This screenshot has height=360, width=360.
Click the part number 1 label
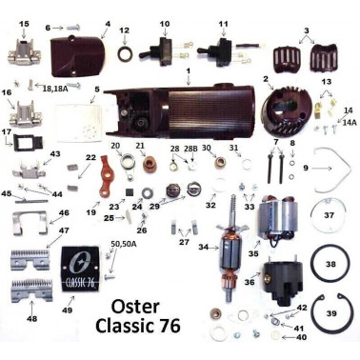click(x=189, y=70)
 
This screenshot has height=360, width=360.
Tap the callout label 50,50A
click(x=124, y=245)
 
